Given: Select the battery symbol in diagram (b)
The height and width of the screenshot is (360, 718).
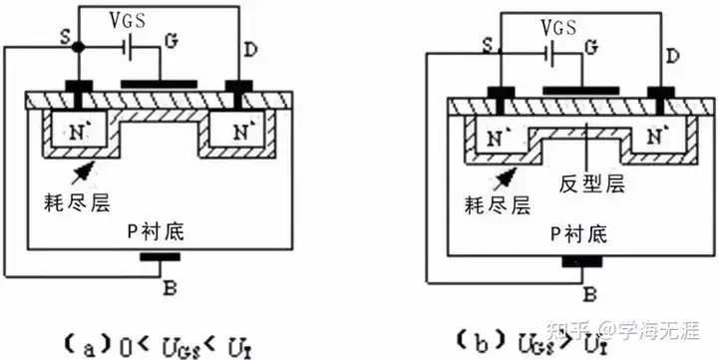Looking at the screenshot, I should coord(547,54).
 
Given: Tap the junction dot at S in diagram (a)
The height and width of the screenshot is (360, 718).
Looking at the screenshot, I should coord(79,47).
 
